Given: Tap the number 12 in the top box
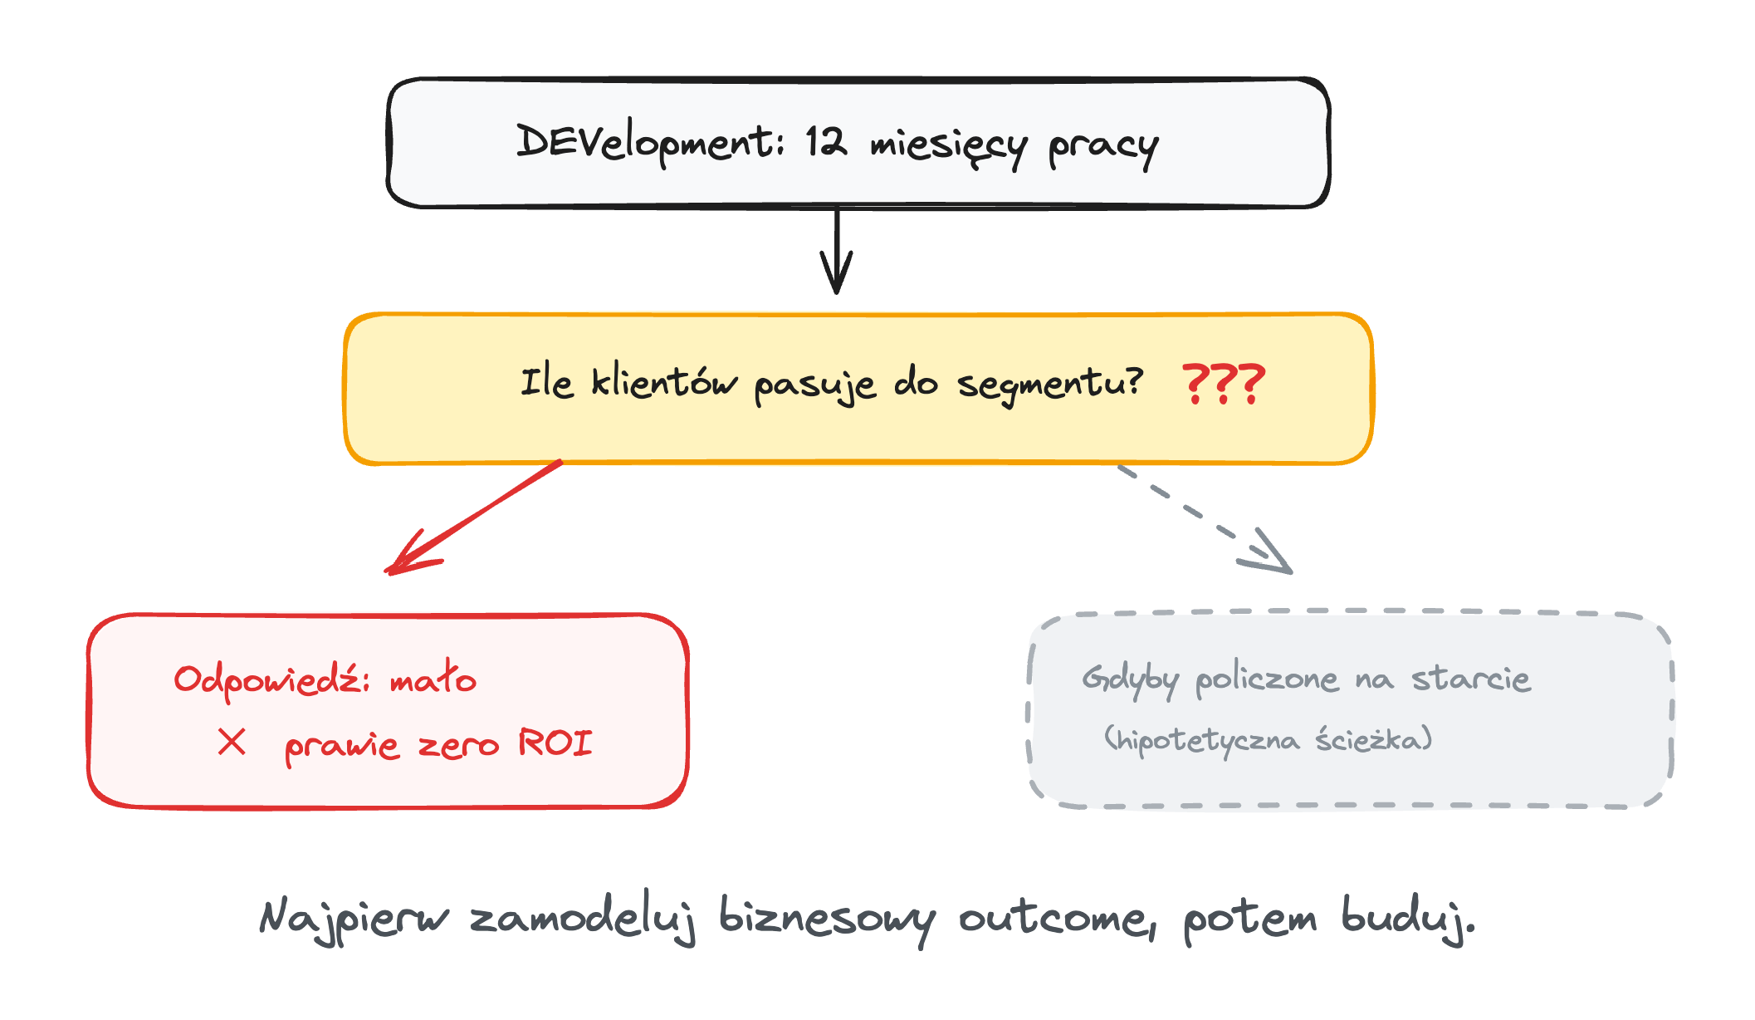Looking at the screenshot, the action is click(827, 142).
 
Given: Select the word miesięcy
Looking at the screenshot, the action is click(949, 147).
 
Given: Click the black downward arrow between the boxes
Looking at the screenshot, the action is click(837, 250).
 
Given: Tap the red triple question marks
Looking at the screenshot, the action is click(1224, 383).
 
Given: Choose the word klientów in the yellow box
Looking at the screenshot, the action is click(664, 382).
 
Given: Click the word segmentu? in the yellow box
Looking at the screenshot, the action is click(1050, 385).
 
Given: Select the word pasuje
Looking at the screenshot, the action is click(815, 385).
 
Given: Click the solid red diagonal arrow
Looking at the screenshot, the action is click(473, 517).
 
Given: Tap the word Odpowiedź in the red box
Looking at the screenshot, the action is click(271, 680).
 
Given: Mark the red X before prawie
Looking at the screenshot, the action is click(232, 742).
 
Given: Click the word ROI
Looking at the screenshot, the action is click(555, 742).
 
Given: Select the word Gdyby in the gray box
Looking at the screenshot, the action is click(1130, 680).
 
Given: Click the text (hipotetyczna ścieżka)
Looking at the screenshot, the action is click(1269, 738).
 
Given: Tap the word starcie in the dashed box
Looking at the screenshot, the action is click(1471, 679).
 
